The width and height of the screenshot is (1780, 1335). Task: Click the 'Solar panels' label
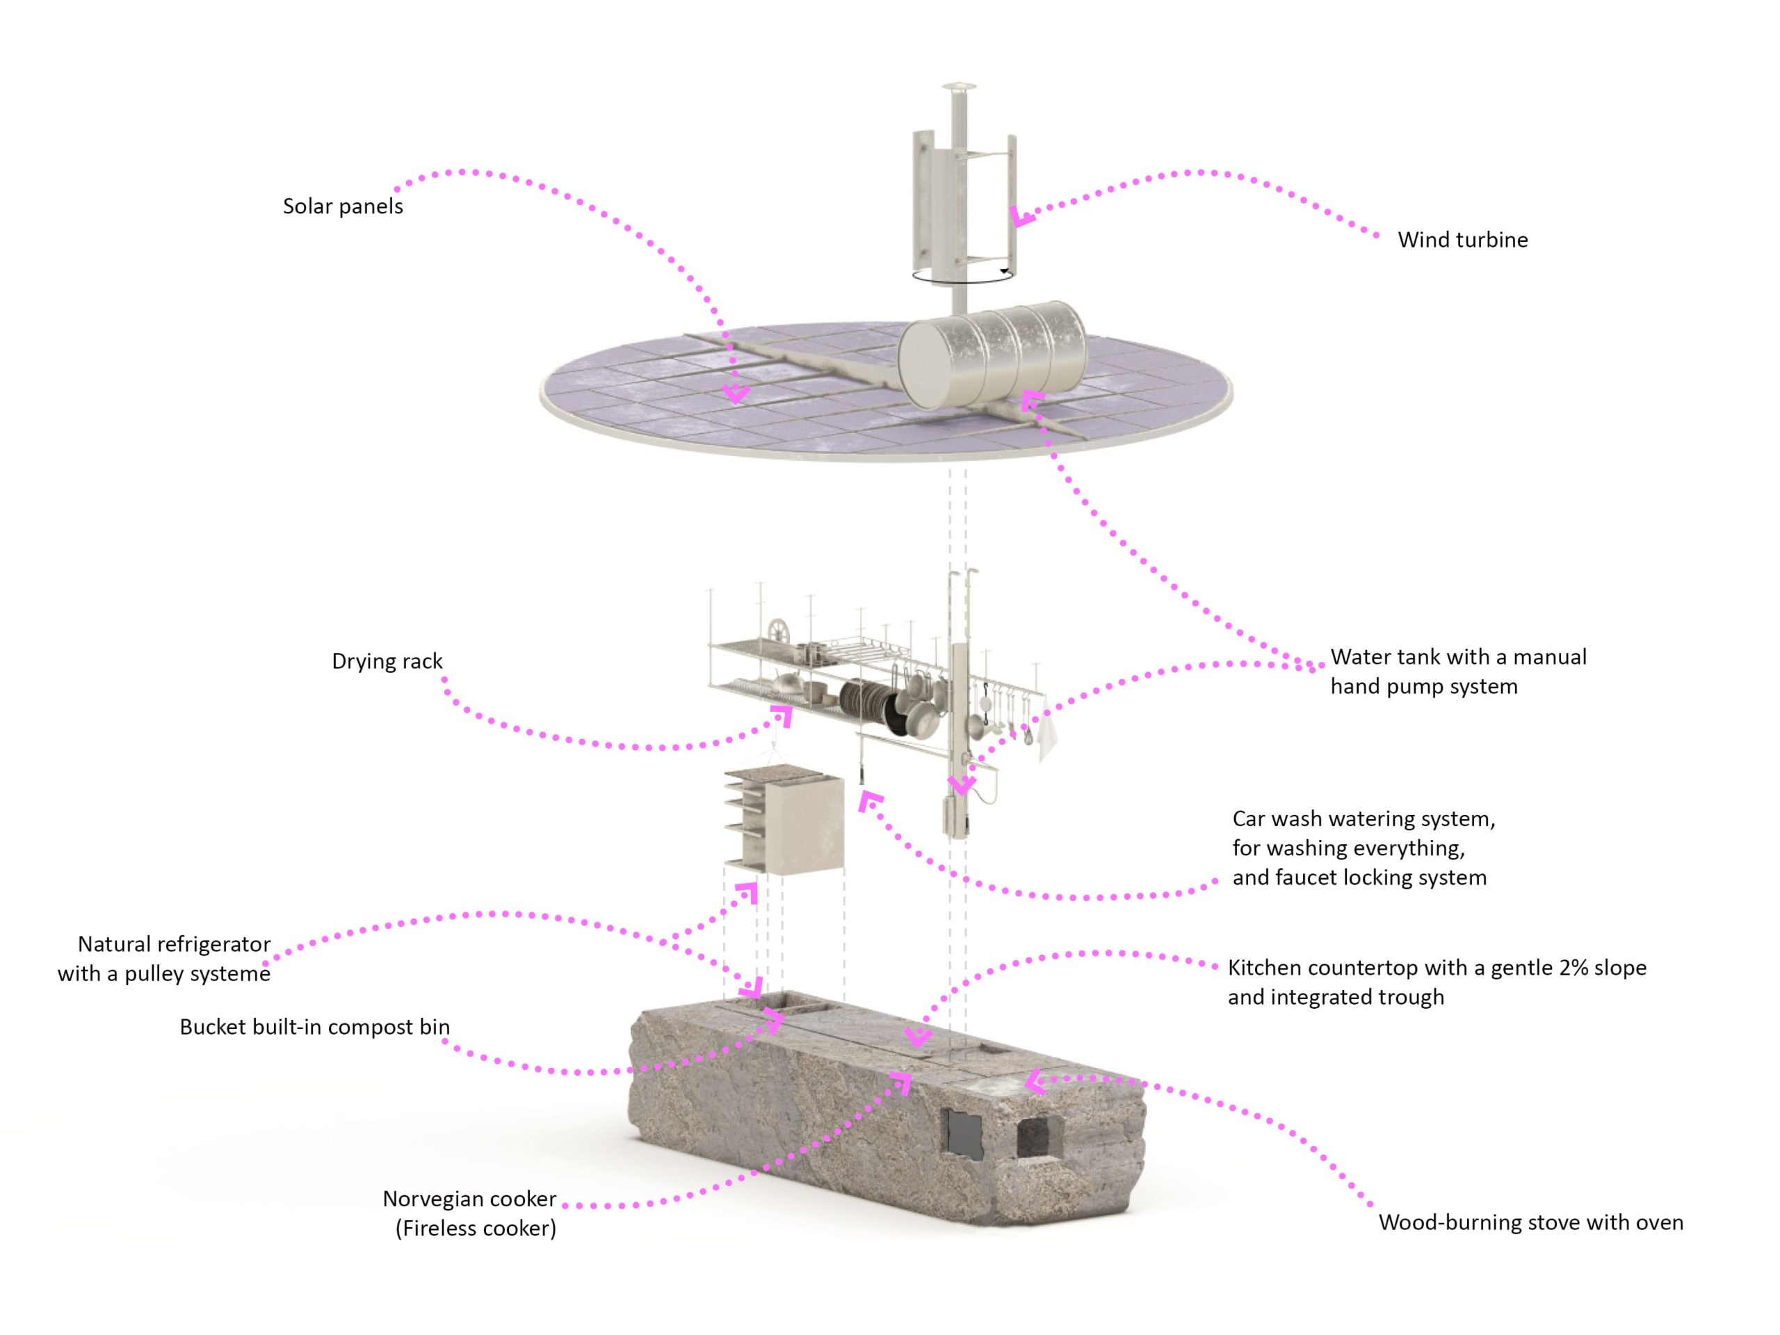pyautogui.click(x=343, y=207)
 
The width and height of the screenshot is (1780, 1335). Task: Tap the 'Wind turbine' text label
pyautogui.click(x=1462, y=240)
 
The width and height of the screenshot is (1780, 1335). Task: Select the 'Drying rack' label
pyautogui.click(x=387, y=661)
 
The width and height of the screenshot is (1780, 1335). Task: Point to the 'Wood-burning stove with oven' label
pyautogui.click(x=1530, y=1222)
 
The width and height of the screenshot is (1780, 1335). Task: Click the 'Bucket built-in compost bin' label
pyautogui.click(x=315, y=1027)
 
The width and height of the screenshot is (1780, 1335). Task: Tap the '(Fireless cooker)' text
pyautogui.click(x=476, y=1229)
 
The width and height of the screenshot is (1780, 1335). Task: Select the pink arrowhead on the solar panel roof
pyautogui.click(x=736, y=394)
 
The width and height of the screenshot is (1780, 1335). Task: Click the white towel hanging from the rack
pyautogui.click(x=1046, y=732)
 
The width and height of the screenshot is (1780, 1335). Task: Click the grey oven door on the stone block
pyautogui.click(x=966, y=1135)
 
